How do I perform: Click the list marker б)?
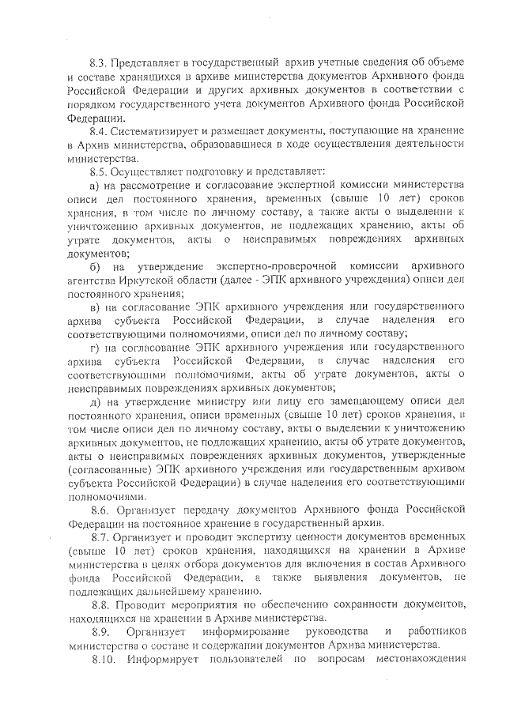click(94, 265)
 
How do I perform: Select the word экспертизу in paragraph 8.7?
click(260, 536)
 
